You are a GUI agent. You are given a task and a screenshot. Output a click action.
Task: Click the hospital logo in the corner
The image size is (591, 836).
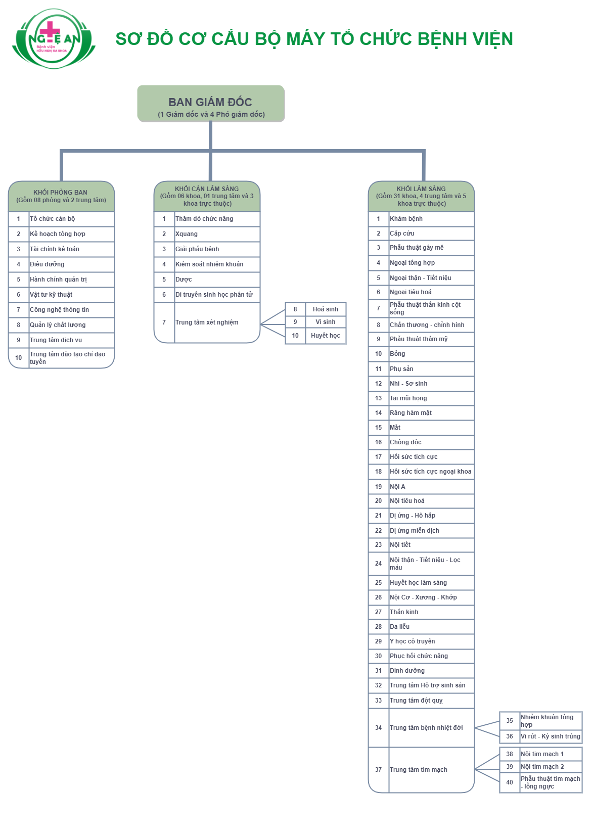54,39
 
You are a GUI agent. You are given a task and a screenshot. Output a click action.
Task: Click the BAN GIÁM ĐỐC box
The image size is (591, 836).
211,104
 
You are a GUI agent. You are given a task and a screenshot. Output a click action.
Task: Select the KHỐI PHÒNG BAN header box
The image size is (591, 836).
61,196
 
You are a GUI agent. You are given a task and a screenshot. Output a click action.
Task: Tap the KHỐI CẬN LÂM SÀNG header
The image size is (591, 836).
207,196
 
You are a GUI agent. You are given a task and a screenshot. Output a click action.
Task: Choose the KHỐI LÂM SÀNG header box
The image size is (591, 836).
421,196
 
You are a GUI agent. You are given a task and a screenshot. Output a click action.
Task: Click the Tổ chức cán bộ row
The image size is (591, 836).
71,219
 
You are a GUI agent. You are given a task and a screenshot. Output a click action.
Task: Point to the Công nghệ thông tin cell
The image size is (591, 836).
71,310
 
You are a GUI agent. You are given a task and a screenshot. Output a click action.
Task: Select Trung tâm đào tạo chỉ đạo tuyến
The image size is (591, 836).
71,358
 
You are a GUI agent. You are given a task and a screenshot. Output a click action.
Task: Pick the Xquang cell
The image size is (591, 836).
216,234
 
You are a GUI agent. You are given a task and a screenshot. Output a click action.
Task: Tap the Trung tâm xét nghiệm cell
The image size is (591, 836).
216,322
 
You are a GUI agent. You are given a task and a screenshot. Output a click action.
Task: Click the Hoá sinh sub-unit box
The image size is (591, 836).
325,309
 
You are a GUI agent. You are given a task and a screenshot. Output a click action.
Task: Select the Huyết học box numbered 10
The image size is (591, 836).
325,336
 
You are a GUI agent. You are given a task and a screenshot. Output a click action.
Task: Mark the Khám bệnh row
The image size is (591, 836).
431,219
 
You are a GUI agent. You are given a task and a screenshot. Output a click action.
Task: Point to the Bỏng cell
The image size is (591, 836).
431,354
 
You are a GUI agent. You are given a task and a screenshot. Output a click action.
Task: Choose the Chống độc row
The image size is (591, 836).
431,442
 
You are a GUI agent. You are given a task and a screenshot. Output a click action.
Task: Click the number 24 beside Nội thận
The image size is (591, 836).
378,564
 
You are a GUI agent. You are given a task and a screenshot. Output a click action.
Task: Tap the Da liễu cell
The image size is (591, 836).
431,627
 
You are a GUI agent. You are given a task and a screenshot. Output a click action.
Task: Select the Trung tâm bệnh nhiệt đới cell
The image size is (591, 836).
431,728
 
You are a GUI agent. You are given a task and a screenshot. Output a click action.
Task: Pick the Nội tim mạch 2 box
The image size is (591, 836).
550,767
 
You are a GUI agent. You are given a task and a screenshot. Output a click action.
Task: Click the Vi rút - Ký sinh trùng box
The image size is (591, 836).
550,736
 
